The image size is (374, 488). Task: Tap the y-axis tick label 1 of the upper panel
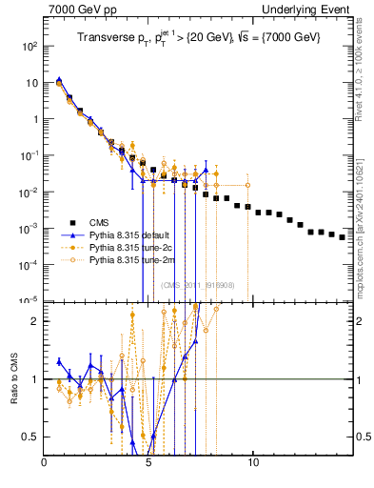(x=35, y=119)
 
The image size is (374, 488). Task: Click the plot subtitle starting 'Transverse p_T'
(x=199, y=35)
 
